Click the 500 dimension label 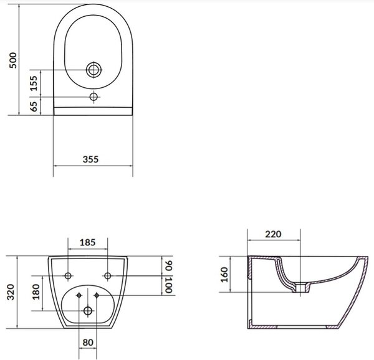click(x=13, y=60)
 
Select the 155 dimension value click(x=34, y=83)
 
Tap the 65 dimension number click(x=34, y=107)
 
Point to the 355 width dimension click(x=90, y=159)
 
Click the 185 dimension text click(x=87, y=242)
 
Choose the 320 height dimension click(x=11, y=292)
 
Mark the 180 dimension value click(x=36, y=291)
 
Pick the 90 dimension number click(x=168, y=266)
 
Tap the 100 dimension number click(x=168, y=285)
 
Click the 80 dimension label click(x=88, y=343)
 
